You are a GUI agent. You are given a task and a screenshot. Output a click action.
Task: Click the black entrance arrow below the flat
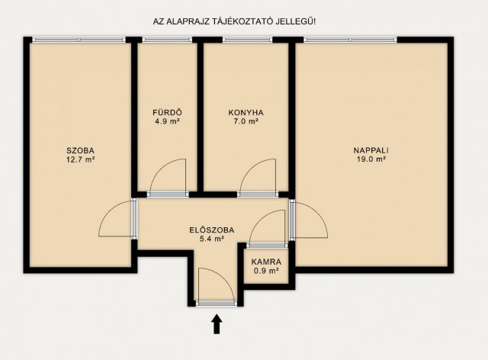click(217, 324)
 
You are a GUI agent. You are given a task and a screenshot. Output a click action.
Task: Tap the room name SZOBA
click(79, 149)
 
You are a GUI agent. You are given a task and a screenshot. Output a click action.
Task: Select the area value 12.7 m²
click(79, 159)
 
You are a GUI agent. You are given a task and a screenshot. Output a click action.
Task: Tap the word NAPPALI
click(369, 149)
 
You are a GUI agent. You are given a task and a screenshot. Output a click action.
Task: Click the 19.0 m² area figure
click(369, 159)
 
